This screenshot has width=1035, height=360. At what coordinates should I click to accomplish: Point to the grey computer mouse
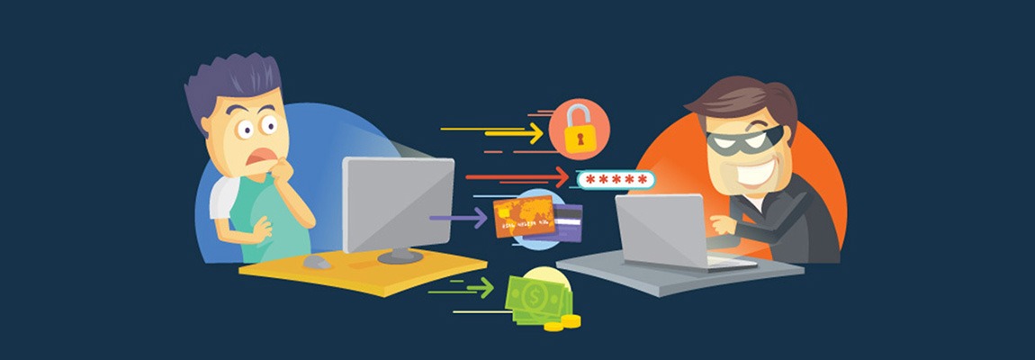[317, 261]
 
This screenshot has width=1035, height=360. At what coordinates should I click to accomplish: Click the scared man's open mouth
[260, 159]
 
